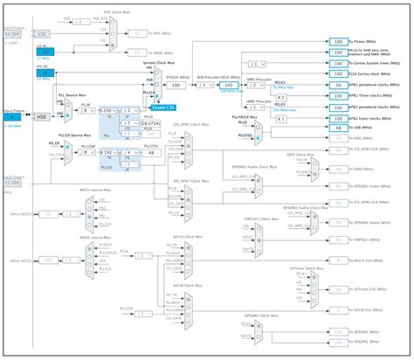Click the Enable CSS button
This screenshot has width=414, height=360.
(x=162, y=107)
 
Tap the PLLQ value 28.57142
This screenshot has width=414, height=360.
(x=152, y=125)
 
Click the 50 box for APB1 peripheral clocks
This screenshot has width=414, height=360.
(x=337, y=85)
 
